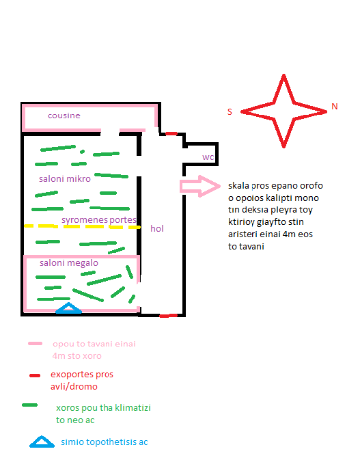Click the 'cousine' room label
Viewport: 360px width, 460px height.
tap(64, 116)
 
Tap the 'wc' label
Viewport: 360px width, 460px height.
tap(208, 157)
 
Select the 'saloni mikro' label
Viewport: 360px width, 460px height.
tap(65, 178)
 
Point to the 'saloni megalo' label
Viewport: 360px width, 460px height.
tap(69, 263)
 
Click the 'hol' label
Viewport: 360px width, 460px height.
tap(157, 228)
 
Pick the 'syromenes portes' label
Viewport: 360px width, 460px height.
tap(99, 219)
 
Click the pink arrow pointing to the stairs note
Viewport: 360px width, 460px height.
tap(200, 187)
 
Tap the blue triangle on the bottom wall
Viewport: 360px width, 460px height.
tap(68, 308)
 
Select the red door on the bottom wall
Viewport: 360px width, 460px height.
tap(168, 316)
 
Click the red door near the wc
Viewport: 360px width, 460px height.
tap(171, 134)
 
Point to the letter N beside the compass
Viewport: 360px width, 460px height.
tap(335, 107)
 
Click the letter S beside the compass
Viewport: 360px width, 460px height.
tap(230, 112)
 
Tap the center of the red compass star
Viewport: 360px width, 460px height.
tap(283, 111)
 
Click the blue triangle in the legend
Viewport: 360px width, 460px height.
tap(42, 442)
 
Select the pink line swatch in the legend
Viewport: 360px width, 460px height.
tap(35, 344)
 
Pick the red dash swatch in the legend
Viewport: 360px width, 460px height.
tap(35, 375)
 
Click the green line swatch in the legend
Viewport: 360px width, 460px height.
tap(29, 405)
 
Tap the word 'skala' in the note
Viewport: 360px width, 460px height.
tap(238, 186)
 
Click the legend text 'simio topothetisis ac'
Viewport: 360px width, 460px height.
tap(105, 442)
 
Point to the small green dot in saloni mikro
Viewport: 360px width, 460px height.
tap(83, 152)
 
